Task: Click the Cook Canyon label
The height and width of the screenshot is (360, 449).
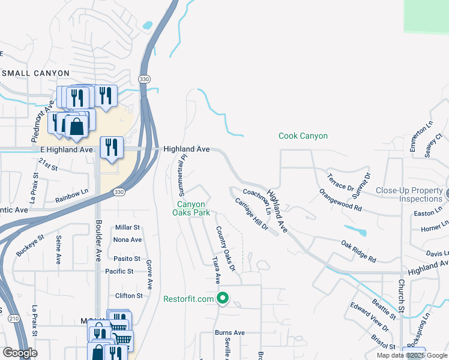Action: click(x=303, y=136)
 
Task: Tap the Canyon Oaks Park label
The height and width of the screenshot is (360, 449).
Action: click(x=191, y=208)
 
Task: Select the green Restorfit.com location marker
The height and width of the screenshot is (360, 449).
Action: click(x=223, y=298)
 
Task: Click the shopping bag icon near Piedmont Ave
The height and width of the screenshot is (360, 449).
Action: click(x=76, y=127)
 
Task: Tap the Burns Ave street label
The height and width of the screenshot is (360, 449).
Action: click(x=230, y=332)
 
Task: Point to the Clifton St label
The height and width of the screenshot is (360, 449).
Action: click(x=129, y=296)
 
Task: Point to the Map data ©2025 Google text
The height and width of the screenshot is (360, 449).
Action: click(x=412, y=355)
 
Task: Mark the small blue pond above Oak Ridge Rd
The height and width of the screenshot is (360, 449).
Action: click(x=355, y=230)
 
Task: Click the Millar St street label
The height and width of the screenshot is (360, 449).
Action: click(x=127, y=227)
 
